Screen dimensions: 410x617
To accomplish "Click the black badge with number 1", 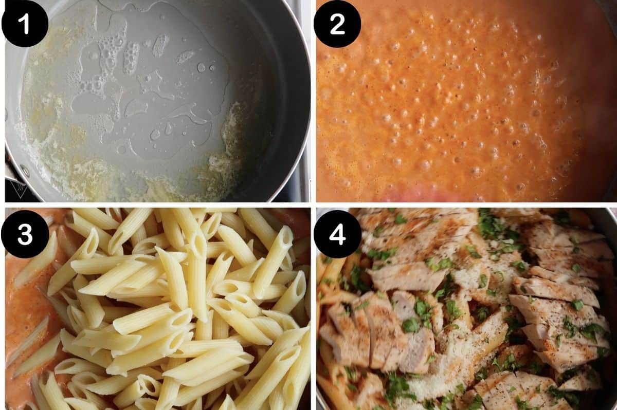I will (25, 24).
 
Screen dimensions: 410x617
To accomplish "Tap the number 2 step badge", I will (337, 24).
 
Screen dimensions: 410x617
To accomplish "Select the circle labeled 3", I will (25, 233).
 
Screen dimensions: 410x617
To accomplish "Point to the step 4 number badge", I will (337, 233).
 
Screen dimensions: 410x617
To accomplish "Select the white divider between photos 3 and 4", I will (313, 308).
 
